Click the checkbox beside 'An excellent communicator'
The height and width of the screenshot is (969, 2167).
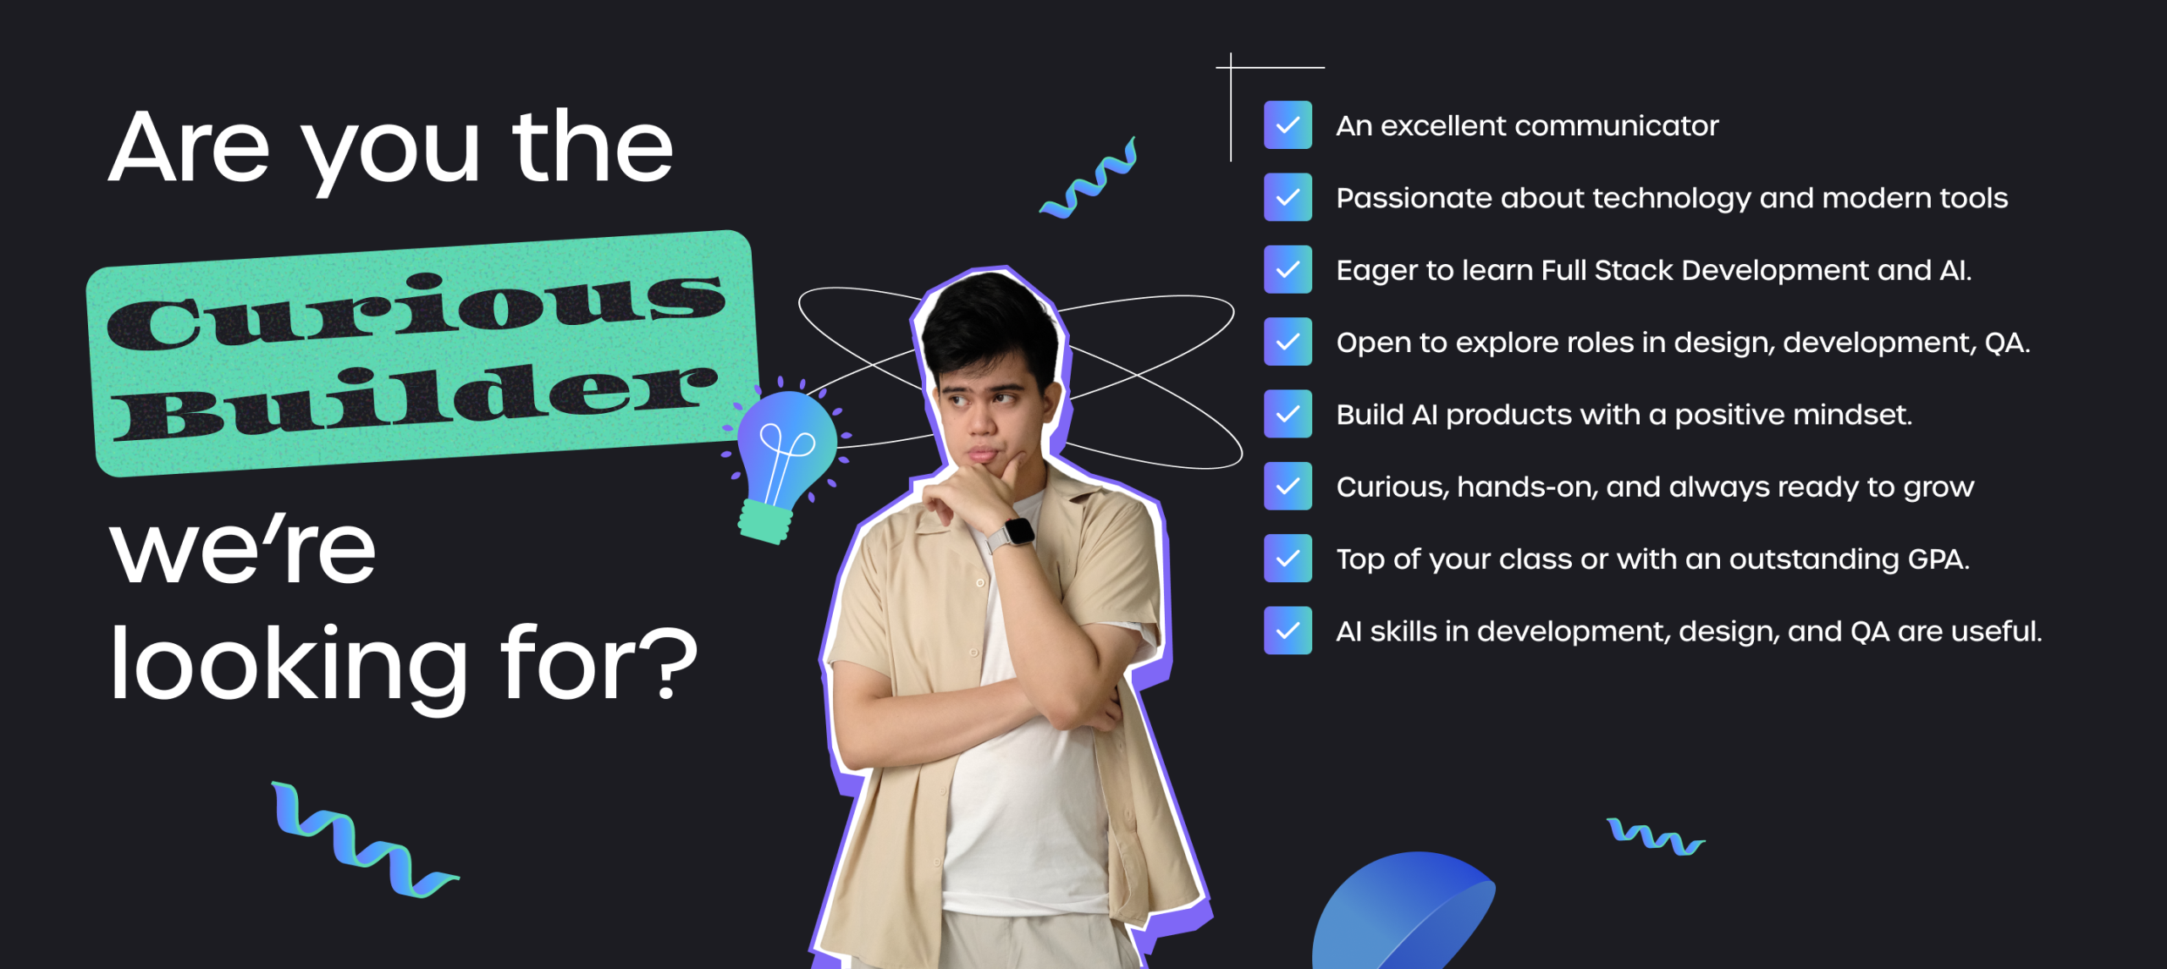pyautogui.click(x=1288, y=125)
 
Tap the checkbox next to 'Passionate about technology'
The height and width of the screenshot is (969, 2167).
pyautogui.click(x=1288, y=197)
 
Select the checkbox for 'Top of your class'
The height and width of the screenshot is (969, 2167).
pyautogui.click(x=1288, y=559)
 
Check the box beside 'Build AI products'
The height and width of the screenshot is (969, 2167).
pyautogui.click(x=1288, y=414)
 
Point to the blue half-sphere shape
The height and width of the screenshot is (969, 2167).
pyautogui.click(x=1403, y=911)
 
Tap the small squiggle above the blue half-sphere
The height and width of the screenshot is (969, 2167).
pyautogui.click(x=1656, y=837)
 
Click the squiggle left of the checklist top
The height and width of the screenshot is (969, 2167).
pyautogui.click(x=1089, y=179)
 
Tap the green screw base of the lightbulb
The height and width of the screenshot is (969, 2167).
pyautogui.click(x=766, y=521)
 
